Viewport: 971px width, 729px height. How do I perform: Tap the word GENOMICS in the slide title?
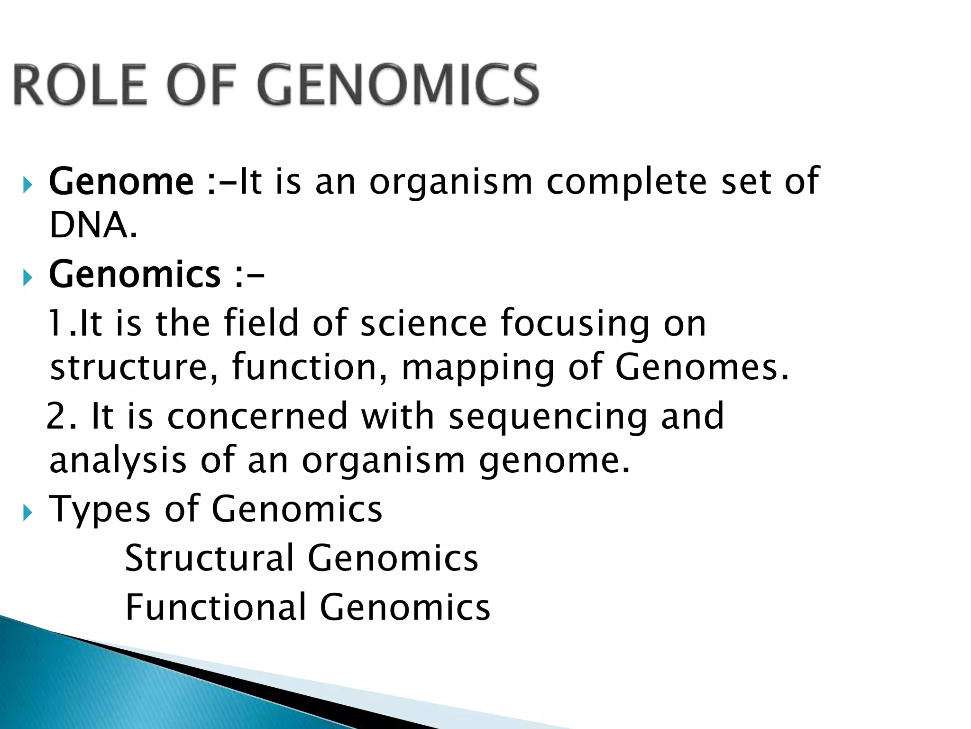point(397,85)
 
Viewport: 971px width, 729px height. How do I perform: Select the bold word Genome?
point(121,182)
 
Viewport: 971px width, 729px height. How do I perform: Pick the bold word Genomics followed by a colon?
point(135,275)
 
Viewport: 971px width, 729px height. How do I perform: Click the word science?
point(423,323)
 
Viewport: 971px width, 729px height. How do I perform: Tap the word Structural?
point(210,558)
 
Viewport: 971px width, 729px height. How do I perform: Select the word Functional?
point(216,607)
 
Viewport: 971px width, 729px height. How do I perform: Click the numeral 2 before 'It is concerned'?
point(58,416)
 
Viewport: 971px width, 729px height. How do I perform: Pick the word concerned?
point(257,416)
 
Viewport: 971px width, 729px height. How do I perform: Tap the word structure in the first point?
point(128,368)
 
